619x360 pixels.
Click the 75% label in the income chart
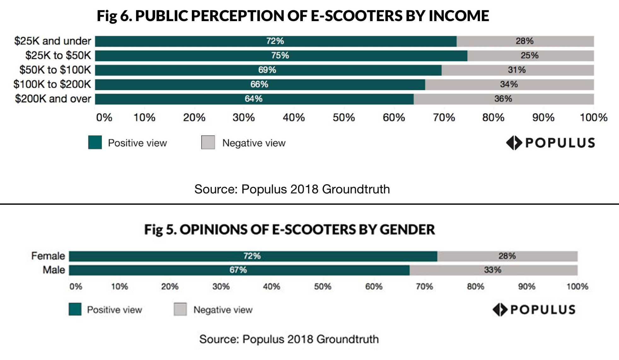pyautogui.click(x=280, y=55)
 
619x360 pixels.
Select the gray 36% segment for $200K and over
pyautogui.click(x=503, y=99)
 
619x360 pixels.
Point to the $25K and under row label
pyautogui.click(x=52, y=41)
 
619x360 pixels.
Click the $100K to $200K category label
pyautogui.click(x=52, y=84)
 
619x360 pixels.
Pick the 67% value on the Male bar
pyautogui.click(x=238, y=270)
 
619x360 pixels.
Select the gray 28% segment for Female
pyautogui.click(x=507, y=256)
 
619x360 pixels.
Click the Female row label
pyautogui.click(x=48, y=256)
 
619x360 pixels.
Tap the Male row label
pyautogui.click(x=54, y=270)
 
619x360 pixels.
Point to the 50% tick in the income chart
pyautogui.click(x=344, y=117)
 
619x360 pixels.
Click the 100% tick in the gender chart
pyautogui.click(x=577, y=286)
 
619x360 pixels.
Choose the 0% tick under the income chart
pyautogui.click(x=104, y=117)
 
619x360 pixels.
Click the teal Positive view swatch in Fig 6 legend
pyautogui.click(x=95, y=142)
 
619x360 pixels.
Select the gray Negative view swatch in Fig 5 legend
pyautogui.click(x=180, y=309)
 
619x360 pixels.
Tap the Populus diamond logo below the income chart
pyautogui.click(x=514, y=143)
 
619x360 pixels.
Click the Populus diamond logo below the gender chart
pyautogui.click(x=500, y=310)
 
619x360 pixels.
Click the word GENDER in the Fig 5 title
pyautogui.click(x=407, y=230)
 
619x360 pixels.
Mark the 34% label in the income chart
pyautogui.click(x=509, y=84)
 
